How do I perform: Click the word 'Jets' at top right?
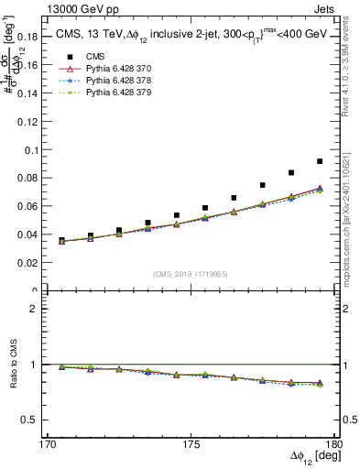[x=326, y=7]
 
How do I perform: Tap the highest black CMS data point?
[x=320, y=161]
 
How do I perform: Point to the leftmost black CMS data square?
[x=61, y=240]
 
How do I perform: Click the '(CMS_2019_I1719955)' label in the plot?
[x=190, y=273]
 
